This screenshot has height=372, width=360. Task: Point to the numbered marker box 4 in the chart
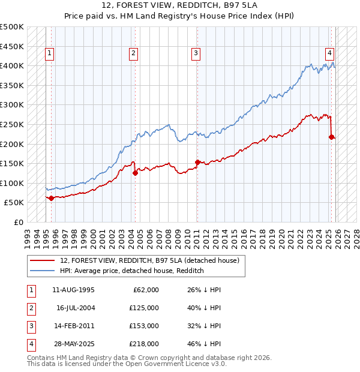click(330, 53)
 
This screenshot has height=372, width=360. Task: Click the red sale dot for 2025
click(331, 137)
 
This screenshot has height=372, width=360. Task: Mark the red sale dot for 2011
click(197, 162)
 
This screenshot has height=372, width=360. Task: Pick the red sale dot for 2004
click(135, 173)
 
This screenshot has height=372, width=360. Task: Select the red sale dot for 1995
click(51, 198)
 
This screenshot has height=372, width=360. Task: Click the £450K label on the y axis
click(12, 46)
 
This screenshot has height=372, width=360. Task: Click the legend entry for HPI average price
click(132, 271)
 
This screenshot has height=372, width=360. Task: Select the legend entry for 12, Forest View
click(149, 260)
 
